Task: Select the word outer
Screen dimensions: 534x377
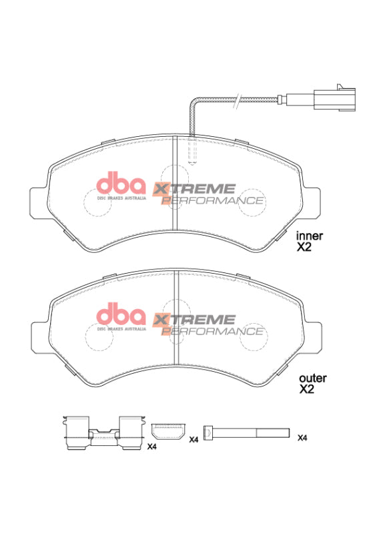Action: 312,378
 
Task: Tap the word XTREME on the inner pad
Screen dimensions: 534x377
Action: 195,189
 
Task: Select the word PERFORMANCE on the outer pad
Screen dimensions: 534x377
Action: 213,330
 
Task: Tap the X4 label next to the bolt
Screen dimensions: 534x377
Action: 302,438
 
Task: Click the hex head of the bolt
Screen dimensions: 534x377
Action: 208,434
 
